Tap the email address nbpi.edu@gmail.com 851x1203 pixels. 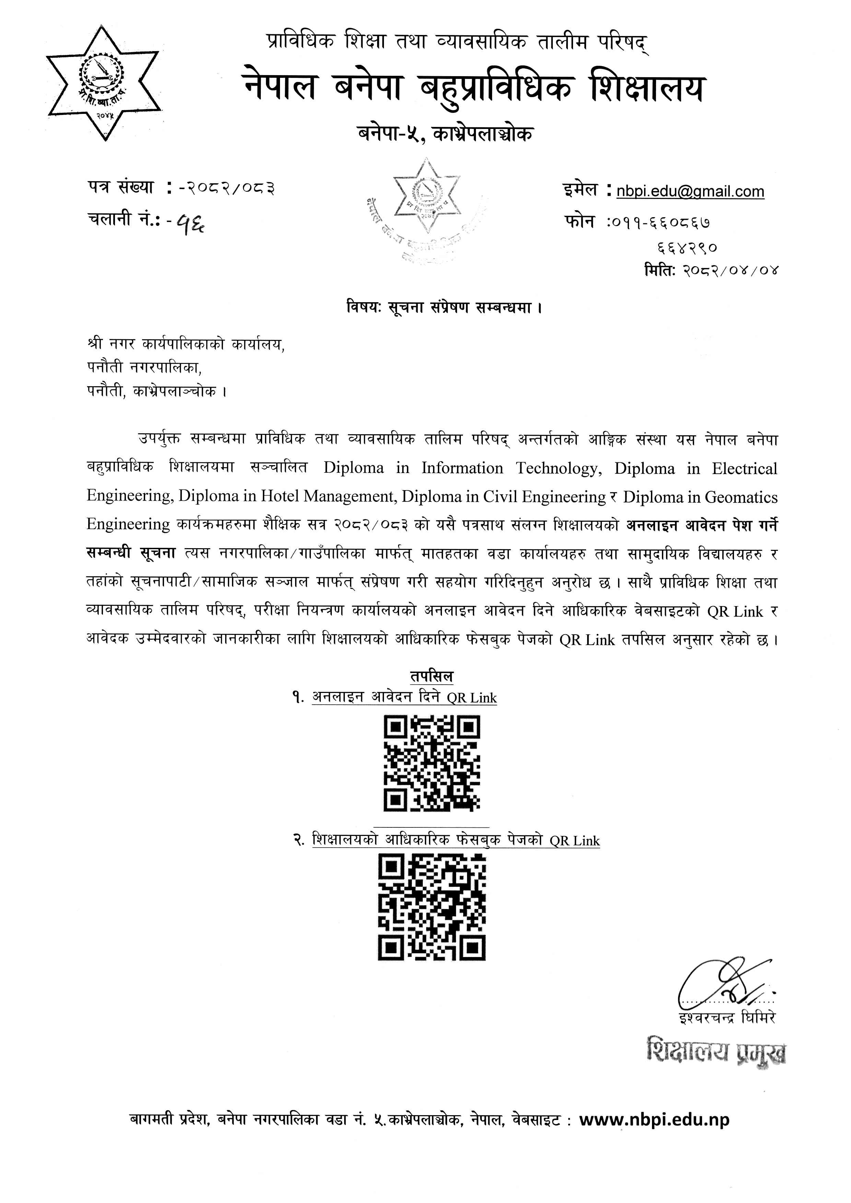(x=690, y=191)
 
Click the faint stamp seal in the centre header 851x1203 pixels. (x=425, y=210)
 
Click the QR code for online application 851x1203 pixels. (x=432, y=763)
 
